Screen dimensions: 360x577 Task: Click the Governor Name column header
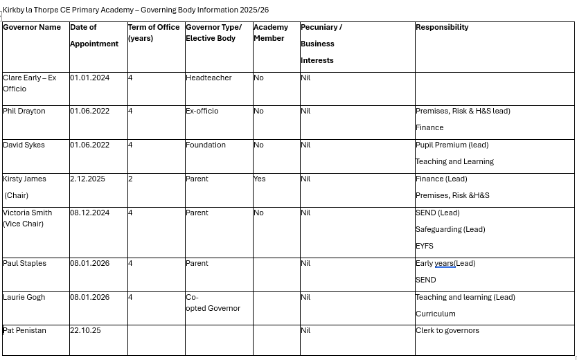[x=32, y=28]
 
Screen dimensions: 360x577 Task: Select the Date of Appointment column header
[x=94, y=35]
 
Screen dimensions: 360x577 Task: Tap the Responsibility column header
[x=442, y=28]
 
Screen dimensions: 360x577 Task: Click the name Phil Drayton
[x=24, y=111]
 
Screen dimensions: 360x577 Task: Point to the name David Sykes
[x=24, y=145]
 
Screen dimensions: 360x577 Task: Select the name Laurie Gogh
[x=24, y=298]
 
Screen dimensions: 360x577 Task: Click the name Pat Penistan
[x=25, y=331]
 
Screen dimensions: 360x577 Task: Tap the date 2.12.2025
[x=88, y=179]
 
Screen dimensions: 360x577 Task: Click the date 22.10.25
[x=85, y=331]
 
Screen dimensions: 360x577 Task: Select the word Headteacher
[x=208, y=78]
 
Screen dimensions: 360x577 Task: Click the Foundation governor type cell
[x=206, y=145]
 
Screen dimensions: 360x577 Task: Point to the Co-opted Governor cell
[x=213, y=303]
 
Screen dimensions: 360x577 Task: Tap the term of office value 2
[x=130, y=179]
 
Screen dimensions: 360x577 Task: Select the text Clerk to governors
[x=447, y=331]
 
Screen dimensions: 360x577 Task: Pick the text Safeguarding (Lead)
[x=450, y=230]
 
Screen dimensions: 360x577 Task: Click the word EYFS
[x=425, y=246]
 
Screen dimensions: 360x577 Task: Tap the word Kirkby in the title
[x=13, y=10]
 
